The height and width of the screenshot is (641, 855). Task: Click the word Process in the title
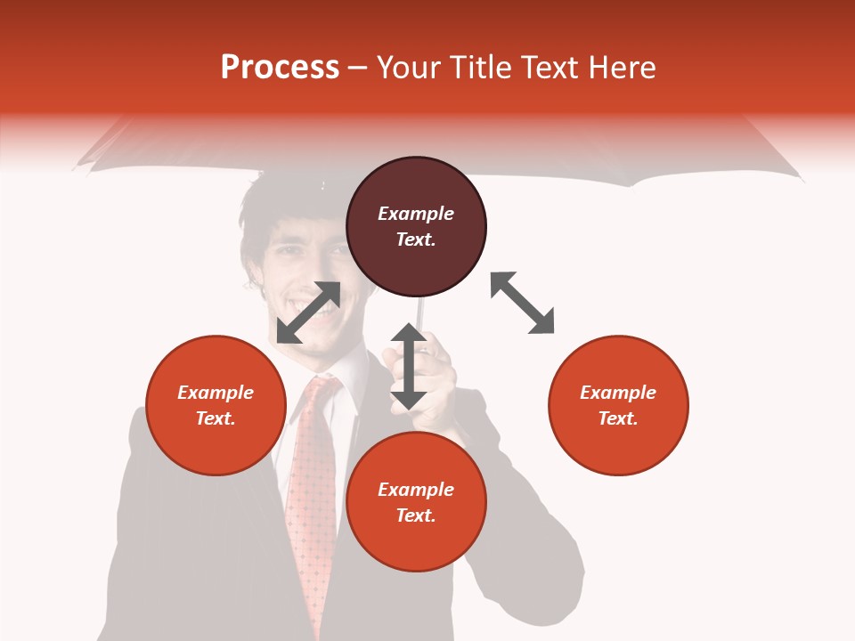pos(280,68)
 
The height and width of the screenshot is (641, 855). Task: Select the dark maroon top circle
pos(416,227)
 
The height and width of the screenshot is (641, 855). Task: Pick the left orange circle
pos(216,405)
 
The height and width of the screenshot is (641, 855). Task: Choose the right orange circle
pos(618,405)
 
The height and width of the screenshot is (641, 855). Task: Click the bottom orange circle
pos(416,502)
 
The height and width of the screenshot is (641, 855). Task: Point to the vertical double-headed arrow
pos(409,366)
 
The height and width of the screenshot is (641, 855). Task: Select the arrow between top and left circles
pos(308,312)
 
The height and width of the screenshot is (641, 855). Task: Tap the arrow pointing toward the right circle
pos(523,303)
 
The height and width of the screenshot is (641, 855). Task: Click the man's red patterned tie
pos(312,481)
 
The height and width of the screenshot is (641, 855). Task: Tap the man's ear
pos(254,276)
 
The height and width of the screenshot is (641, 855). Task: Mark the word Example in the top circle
pos(416,214)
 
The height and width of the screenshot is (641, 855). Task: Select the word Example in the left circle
pos(216,393)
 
